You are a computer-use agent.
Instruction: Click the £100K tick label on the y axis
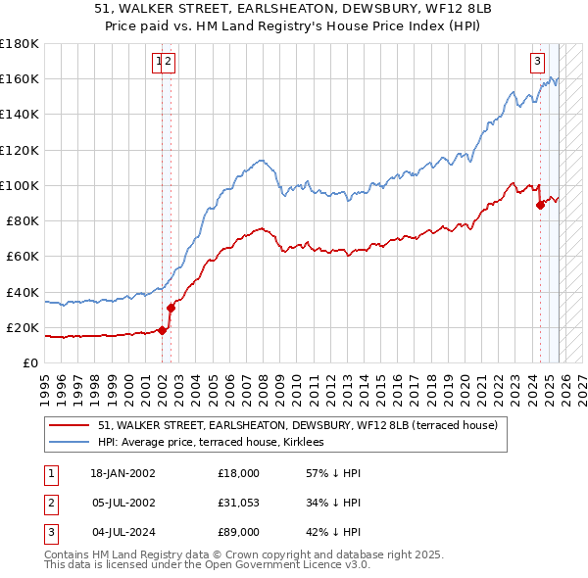(19, 185)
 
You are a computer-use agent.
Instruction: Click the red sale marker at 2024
(540, 205)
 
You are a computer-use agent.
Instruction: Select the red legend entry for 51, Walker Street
(298, 425)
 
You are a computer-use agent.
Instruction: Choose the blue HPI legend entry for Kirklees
(217, 443)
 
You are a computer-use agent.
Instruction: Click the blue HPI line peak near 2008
(260, 160)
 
